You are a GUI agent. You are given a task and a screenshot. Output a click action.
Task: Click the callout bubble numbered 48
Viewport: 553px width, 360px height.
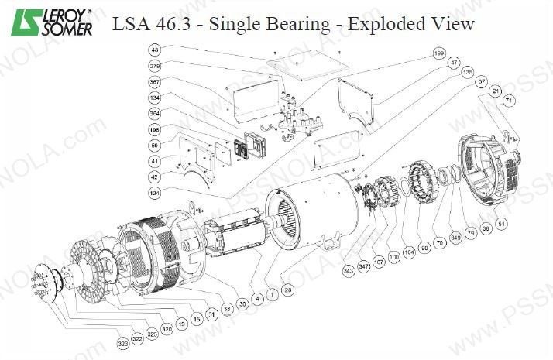click(x=155, y=50)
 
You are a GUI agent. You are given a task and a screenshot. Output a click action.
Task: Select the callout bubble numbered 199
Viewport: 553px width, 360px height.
click(x=440, y=53)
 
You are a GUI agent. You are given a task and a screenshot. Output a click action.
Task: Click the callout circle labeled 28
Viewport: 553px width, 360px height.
click(x=288, y=290)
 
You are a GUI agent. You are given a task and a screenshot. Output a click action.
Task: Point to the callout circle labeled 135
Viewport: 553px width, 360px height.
click(x=467, y=72)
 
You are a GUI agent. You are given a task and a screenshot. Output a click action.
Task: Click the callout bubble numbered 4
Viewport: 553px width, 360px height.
click(x=257, y=295)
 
